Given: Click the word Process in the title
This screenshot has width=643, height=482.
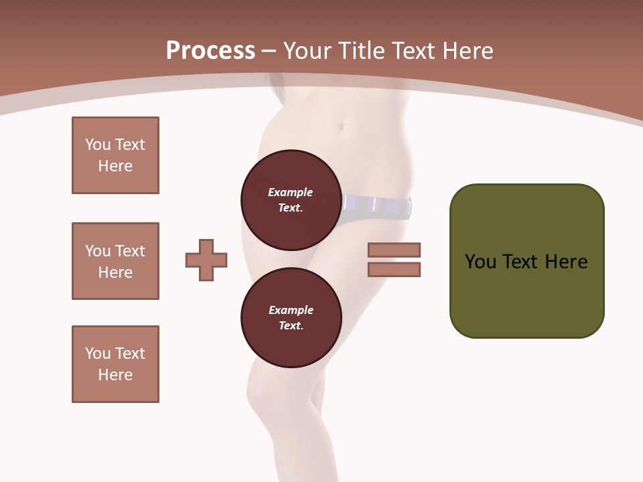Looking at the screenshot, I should point(210,51).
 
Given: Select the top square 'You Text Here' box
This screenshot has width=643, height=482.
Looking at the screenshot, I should point(115,155).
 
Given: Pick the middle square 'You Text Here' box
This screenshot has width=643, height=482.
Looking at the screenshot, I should point(115,261).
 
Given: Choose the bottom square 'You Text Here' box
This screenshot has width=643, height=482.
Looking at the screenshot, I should point(115,364).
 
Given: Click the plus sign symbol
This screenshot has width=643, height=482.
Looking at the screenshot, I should point(206,260).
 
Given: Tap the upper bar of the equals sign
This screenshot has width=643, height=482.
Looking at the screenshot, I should point(395,250).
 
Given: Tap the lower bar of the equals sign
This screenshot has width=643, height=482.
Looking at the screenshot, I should point(395,269).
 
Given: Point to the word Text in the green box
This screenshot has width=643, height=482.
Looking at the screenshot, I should point(521,262).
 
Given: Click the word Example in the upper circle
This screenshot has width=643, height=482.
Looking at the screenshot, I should point(291,192).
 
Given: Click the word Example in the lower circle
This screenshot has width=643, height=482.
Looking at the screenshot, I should point(291,310).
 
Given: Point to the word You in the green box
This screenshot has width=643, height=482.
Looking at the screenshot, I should point(480,262).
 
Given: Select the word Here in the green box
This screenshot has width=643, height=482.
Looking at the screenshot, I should point(567,262).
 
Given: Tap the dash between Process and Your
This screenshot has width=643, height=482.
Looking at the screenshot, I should point(269,51).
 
